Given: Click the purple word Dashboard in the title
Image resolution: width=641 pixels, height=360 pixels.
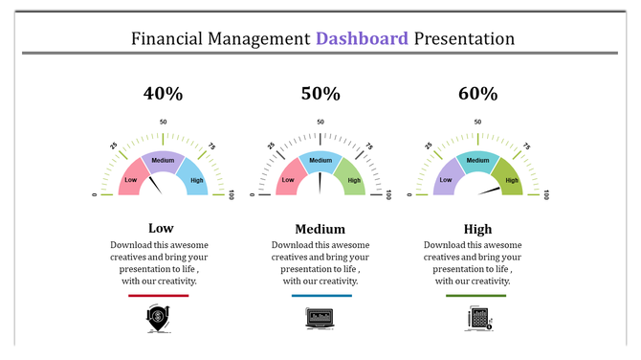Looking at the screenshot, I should (363, 39).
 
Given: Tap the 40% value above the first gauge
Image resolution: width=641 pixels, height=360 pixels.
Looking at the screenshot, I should (163, 94).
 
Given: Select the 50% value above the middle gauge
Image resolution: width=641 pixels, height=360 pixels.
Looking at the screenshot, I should (320, 94).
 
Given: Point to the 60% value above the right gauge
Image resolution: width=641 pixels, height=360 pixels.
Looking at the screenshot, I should (477, 94).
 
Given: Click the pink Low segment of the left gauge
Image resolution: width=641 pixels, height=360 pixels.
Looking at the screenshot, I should (132, 179).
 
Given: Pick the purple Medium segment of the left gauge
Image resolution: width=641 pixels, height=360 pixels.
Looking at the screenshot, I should (163, 161).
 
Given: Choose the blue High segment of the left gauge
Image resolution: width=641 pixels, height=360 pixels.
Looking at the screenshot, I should (195, 179).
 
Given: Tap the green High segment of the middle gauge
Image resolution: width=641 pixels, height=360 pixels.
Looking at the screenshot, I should (352, 179).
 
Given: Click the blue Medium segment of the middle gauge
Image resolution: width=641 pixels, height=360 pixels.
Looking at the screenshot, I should (320, 161).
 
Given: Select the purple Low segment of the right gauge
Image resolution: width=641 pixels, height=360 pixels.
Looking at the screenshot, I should (446, 179).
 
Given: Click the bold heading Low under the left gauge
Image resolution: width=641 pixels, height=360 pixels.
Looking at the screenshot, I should (161, 229).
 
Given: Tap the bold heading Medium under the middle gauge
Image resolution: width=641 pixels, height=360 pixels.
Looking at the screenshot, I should (320, 229).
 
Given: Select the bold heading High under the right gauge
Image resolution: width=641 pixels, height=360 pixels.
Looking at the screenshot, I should (477, 229).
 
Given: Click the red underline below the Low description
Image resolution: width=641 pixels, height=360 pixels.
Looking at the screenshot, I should (159, 296).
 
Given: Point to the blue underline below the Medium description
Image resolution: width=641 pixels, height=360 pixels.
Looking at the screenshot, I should (321, 296).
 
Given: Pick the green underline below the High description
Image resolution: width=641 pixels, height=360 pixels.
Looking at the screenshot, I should (476, 296).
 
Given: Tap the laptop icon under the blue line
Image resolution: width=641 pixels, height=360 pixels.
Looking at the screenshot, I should (319, 319).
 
